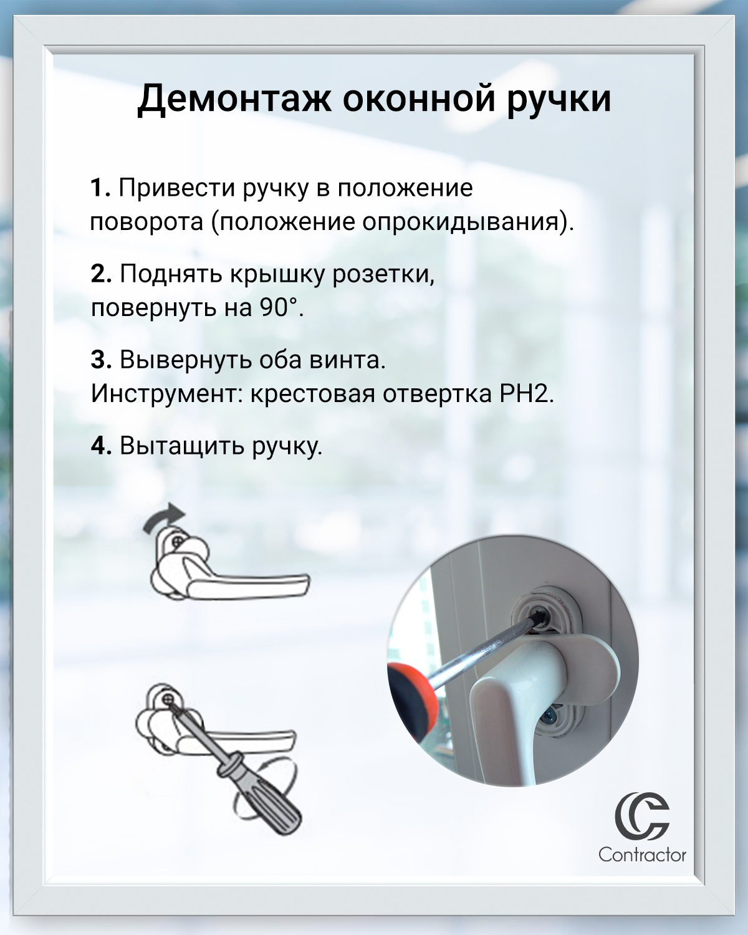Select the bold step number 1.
(100, 188)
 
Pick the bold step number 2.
(101, 274)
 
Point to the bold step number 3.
(101, 360)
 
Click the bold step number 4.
(101, 446)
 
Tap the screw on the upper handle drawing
(177, 541)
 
